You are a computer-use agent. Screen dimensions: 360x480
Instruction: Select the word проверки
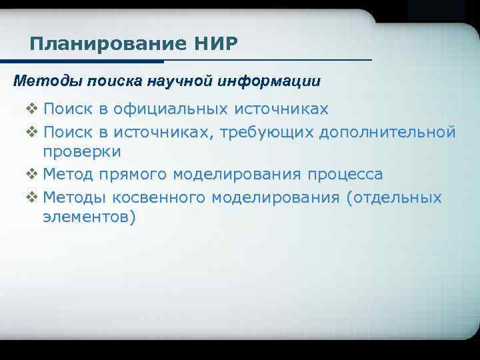pos(82,152)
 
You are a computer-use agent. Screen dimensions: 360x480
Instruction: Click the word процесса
pos(345,175)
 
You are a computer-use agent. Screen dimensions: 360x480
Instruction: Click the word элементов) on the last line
pos(89,217)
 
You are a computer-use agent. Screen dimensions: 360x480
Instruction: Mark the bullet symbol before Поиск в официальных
pos(31,109)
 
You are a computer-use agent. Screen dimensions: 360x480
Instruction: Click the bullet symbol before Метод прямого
pos(31,175)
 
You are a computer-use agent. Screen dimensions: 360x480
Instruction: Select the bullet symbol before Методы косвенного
pos(31,197)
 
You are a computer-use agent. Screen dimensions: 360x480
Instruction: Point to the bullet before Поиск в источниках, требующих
pos(31,131)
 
